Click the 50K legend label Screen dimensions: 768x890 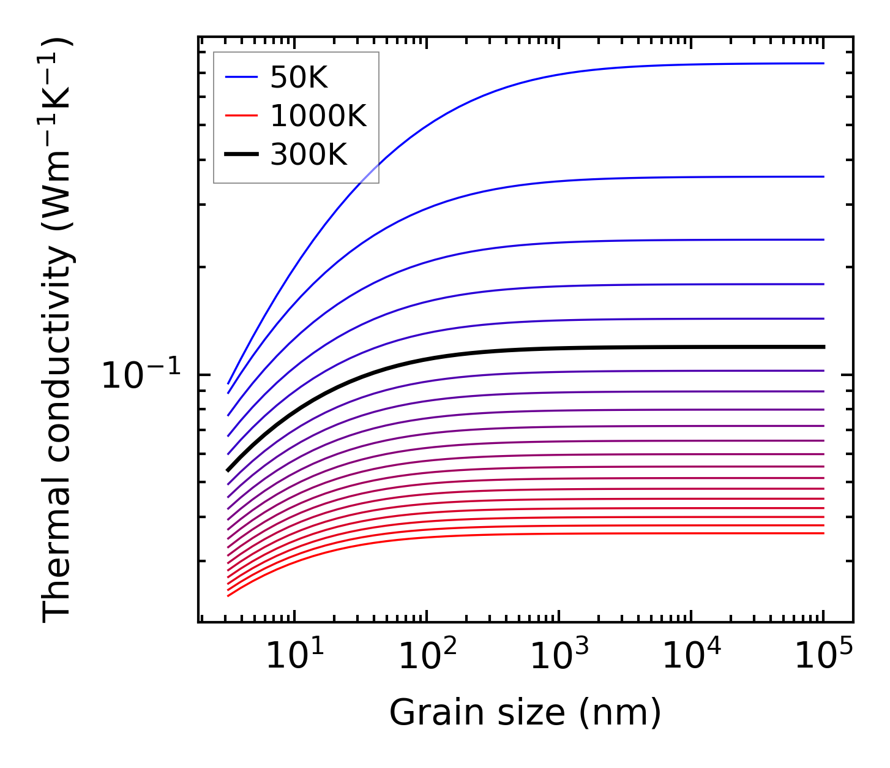tap(299, 78)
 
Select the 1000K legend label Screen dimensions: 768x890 tap(318, 116)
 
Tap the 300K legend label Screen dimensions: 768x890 tap(309, 155)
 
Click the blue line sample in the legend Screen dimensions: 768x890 tap(241, 77)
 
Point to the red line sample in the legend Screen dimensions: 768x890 tap(241, 116)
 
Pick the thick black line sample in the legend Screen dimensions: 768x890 tap(241, 154)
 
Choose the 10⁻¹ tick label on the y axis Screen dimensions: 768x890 tap(141, 375)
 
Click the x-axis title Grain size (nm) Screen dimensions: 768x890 tap(525, 713)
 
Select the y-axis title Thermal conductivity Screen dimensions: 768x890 tap(58, 331)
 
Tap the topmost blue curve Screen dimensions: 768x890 tap(551, 75)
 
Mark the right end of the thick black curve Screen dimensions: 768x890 tap(823, 347)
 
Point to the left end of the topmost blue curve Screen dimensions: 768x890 tap(228, 383)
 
